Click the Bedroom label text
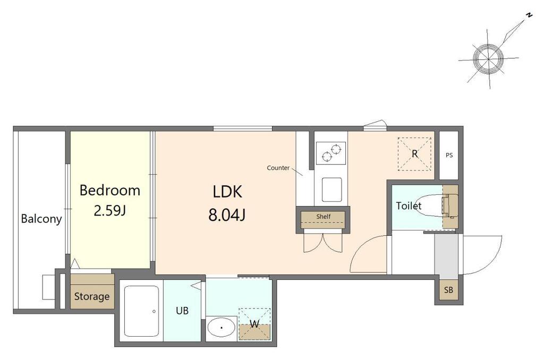[x=109, y=191]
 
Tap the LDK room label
[x=227, y=192]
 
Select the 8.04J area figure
[x=227, y=215]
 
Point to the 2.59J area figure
[x=109, y=210]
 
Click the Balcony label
[x=41, y=219]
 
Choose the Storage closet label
[x=91, y=296]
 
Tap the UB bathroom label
[x=182, y=311]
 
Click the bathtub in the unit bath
[x=141, y=311]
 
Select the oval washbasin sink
[x=222, y=328]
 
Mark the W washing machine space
[x=254, y=324]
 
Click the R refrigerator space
[x=414, y=153]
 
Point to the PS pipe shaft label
[x=449, y=155]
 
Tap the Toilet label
[x=409, y=205]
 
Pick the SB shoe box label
[x=448, y=289]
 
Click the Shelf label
[x=324, y=217]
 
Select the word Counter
[x=278, y=168]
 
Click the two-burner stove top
[x=331, y=153]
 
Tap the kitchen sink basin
[x=331, y=190]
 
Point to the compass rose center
[x=488, y=58]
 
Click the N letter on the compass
[x=529, y=25]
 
